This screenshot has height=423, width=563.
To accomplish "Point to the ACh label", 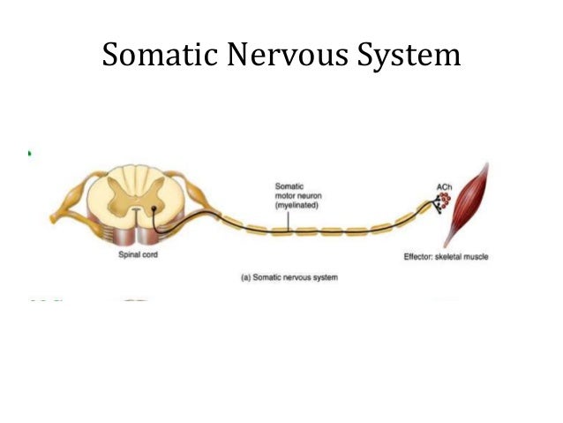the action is tap(444, 186).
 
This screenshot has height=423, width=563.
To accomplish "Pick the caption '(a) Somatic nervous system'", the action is tap(289, 277).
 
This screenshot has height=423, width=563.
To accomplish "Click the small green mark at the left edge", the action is tap(29, 153).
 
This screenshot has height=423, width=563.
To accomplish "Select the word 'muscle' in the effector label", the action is tap(477, 257).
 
